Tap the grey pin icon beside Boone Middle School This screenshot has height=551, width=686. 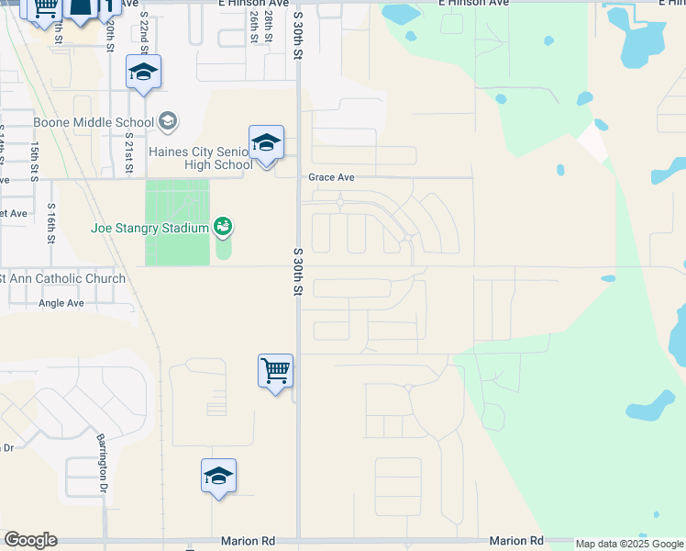coord(168,120)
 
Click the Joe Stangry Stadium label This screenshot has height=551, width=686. coord(149,228)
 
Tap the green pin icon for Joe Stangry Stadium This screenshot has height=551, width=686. coord(222,225)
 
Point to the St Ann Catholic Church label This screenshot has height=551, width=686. coord(62,278)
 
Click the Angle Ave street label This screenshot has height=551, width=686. coord(61,302)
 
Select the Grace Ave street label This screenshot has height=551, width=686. coord(331,177)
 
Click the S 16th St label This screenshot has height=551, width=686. coord(51,223)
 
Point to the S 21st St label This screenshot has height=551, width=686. coord(129,152)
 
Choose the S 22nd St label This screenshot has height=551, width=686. coord(144,31)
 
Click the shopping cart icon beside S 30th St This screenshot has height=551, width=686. coord(275,371)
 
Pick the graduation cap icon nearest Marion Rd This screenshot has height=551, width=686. coord(218,476)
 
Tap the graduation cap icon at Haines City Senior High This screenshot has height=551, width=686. coord(266,143)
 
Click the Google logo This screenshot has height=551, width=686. coord(30,540)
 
